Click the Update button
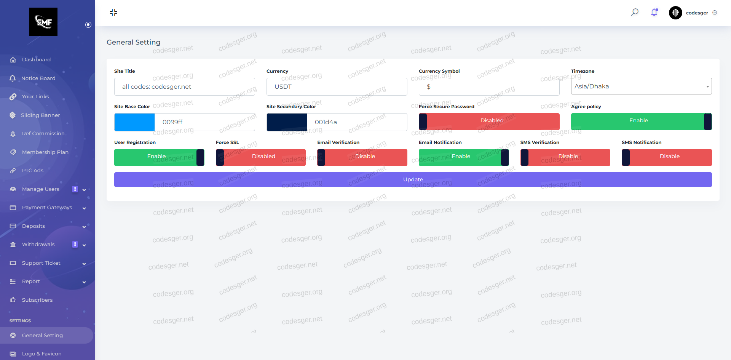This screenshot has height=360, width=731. coord(413,179)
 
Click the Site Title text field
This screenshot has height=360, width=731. coord(184,87)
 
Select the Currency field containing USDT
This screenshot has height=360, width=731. coord(337,87)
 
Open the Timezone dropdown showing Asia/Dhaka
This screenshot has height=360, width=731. coord(641,86)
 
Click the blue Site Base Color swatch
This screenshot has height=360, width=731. coord(134,122)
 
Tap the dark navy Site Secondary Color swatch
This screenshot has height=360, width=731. coord(287,122)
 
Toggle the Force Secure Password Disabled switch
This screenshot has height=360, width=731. coord(489,122)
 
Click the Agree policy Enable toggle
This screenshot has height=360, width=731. coord(641,122)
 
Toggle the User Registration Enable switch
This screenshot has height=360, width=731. coord(159,157)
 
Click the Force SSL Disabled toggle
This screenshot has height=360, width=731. coord(260,157)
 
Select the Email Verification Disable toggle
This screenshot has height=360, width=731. coord(362,157)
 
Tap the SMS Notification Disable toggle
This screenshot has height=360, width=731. coord(667,157)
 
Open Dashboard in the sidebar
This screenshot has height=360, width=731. coord(36,60)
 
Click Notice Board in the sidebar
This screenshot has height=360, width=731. coord(38,78)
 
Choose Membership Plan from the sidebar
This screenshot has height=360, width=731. coord(45,152)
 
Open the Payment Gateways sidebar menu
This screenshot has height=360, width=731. coord(47,208)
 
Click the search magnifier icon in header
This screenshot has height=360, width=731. coord(635,12)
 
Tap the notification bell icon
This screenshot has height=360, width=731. coord(654,13)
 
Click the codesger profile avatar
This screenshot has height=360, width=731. coord(675,13)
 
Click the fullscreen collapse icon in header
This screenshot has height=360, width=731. coord(113,13)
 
